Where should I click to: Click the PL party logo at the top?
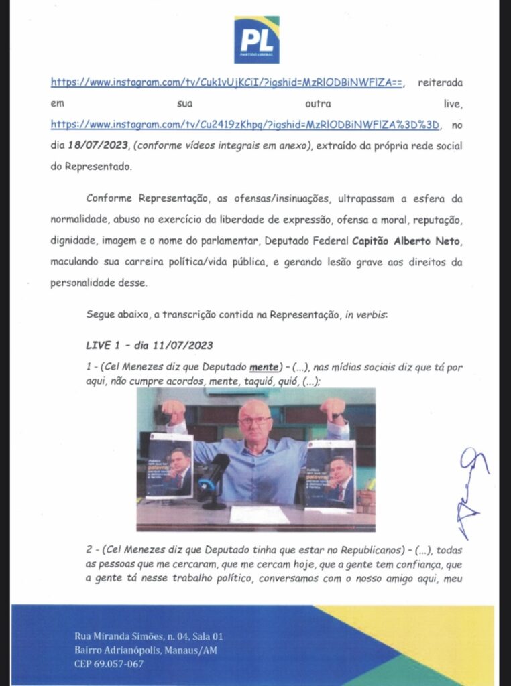coord(256,40)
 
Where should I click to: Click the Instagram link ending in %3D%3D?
coord(247,125)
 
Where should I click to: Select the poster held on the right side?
coord(330,475)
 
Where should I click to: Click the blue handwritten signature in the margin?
coord(473,486)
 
